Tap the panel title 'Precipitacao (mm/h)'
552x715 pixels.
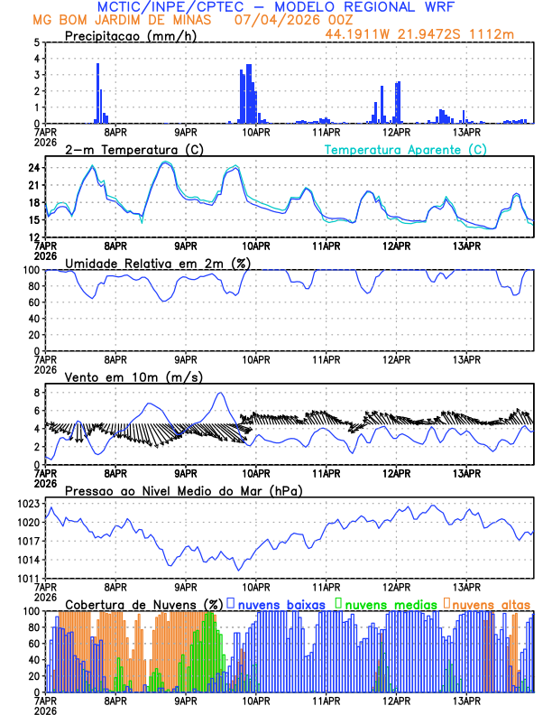(x=132, y=36)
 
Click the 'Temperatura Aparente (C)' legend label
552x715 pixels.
(x=405, y=149)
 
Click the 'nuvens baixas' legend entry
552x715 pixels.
(x=283, y=603)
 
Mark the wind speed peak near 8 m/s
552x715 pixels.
(x=220, y=393)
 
